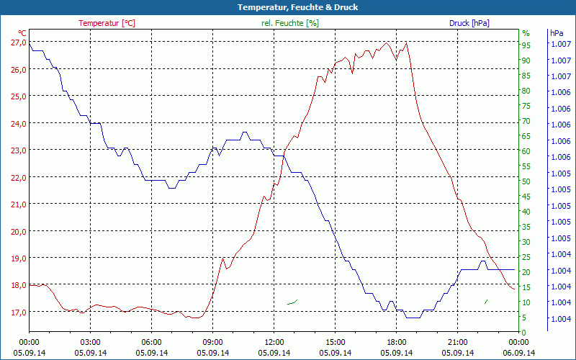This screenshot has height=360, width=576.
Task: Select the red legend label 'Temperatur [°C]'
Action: (107, 23)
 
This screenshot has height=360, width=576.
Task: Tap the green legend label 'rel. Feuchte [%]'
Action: (290, 23)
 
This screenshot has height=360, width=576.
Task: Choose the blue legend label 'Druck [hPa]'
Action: (469, 23)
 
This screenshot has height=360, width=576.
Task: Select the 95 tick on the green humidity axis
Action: (526, 45)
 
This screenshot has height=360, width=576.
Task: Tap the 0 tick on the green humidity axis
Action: (524, 332)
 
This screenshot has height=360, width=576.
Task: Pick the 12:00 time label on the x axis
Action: (274, 342)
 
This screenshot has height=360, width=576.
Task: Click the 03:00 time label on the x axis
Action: (90, 342)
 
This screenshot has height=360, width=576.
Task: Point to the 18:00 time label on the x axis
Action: (396, 342)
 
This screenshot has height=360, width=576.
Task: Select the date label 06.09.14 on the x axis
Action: (518, 353)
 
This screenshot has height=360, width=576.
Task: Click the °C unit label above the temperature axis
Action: (22, 33)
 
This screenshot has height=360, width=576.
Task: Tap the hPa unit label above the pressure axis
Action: (557, 33)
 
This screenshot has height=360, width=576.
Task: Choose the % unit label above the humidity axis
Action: (526, 33)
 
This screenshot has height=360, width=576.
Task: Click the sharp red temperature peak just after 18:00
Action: (407, 42)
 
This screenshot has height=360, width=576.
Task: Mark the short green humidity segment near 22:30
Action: (486, 301)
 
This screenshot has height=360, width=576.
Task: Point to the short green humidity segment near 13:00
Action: (292, 302)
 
